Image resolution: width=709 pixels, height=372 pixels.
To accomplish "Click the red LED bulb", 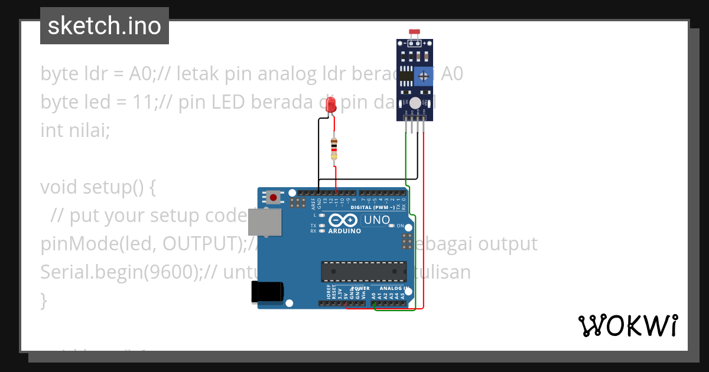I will (332, 105).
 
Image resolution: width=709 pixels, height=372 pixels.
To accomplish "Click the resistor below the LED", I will (334, 148).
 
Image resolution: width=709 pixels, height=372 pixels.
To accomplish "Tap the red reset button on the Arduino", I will (273, 196).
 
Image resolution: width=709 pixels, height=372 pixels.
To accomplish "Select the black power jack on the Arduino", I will (267, 293).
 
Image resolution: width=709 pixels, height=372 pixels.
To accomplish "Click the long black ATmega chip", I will (363, 271).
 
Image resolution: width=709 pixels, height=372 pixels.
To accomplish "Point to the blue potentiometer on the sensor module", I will (423, 75).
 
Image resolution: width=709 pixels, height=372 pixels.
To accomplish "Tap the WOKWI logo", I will (627, 325).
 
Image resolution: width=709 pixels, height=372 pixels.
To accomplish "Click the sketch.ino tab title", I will (104, 26).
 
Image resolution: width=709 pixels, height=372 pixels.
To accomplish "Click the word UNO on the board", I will (376, 220).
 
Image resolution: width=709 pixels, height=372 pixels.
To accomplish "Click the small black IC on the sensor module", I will (405, 76).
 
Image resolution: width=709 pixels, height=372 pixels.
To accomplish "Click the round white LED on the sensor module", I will (415, 103).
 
